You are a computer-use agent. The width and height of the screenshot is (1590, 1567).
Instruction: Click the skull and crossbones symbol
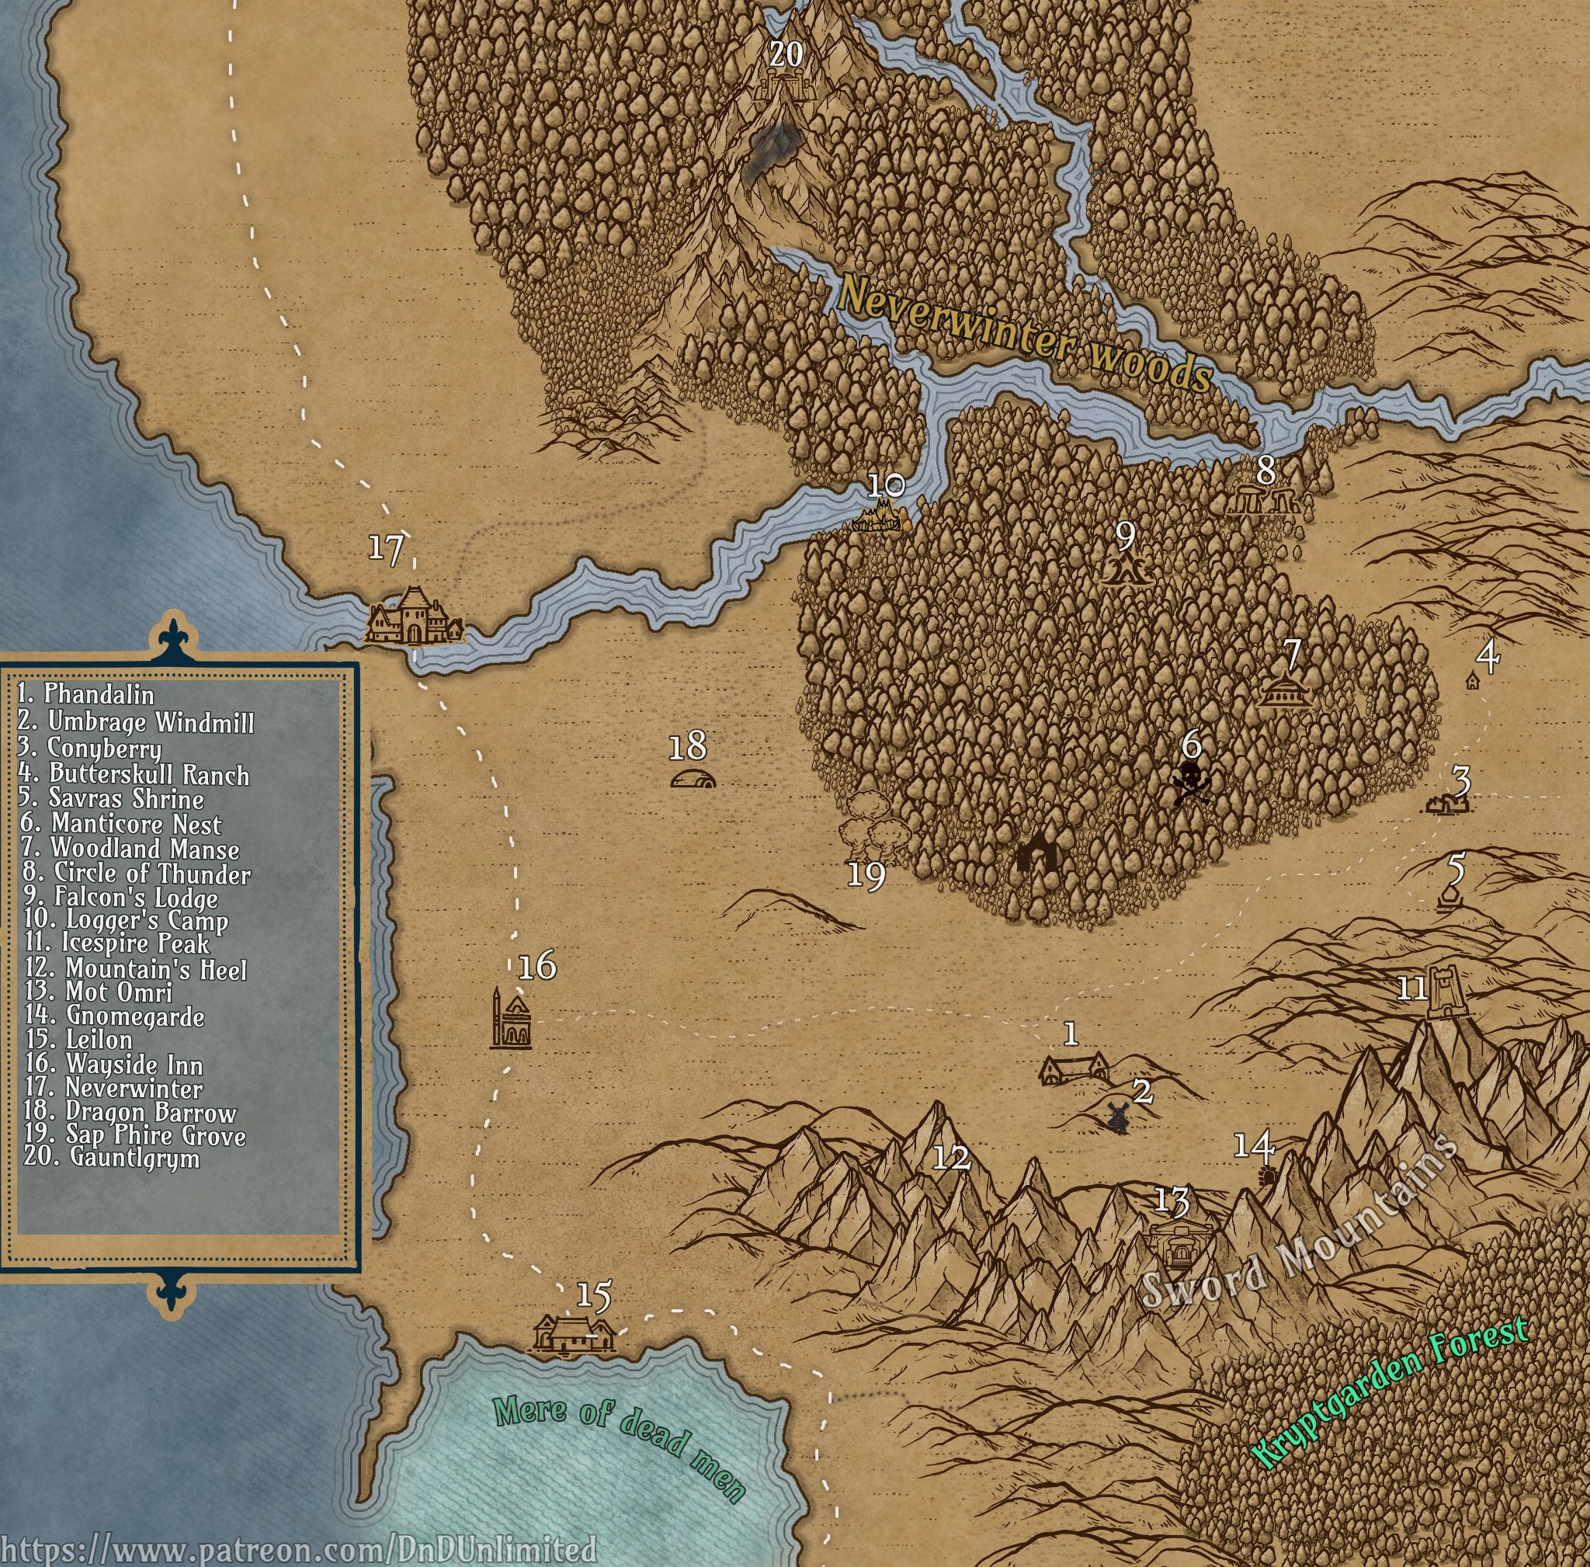(x=1190, y=783)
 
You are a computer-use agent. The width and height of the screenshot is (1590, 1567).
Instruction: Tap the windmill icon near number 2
(x=1116, y=1116)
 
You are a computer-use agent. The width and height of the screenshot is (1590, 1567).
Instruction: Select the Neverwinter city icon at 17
(x=414, y=617)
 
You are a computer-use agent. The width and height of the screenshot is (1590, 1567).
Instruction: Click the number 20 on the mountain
(x=786, y=54)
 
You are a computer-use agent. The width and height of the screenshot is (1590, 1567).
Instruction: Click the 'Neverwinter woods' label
(x=1025, y=334)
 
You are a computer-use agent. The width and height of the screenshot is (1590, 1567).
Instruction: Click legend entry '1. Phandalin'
(x=85, y=695)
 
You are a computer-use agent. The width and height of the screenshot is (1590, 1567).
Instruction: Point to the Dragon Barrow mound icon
(x=692, y=779)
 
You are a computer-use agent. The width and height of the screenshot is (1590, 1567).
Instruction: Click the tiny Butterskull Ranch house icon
(x=1471, y=682)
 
